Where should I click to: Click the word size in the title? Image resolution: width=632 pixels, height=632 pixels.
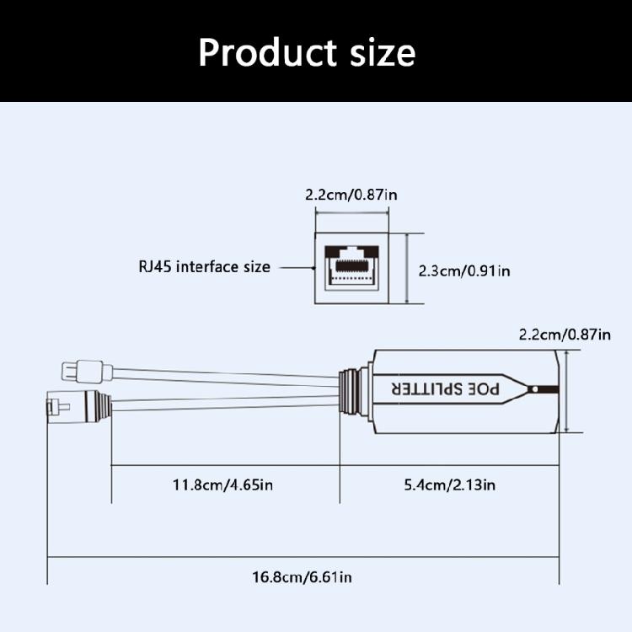click(378, 52)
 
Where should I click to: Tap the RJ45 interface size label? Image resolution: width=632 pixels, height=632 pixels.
click(205, 267)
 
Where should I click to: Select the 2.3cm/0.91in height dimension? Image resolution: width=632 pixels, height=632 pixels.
click(464, 270)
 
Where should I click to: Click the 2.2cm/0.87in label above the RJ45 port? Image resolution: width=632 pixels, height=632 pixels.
click(351, 195)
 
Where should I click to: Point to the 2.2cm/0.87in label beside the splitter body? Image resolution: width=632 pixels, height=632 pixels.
click(565, 335)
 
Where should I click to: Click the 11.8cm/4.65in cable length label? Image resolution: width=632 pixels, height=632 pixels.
click(223, 485)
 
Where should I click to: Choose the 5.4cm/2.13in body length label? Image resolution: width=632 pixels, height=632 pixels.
click(448, 485)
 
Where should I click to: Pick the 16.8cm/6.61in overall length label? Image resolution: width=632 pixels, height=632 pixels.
click(304, 577)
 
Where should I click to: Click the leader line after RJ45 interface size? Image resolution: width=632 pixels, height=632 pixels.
click(294, 267)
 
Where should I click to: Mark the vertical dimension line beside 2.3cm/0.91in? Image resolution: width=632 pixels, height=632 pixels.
click(408, 269)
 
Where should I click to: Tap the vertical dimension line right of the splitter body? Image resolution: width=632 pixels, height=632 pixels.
click(567, 392)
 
